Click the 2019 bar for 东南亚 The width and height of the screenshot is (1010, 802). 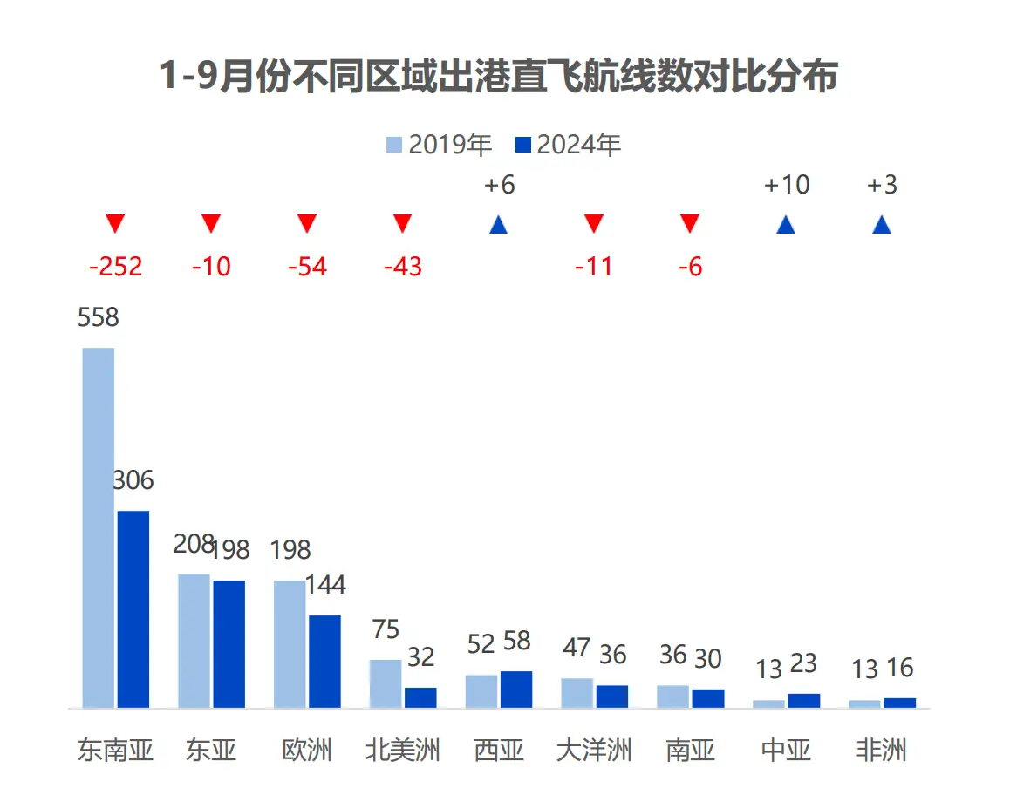pos(99,527)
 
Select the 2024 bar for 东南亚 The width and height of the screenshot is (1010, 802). pos(133,608)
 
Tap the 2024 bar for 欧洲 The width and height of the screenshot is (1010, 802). pos(324,661)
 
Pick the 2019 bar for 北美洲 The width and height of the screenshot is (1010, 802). pos(386,683)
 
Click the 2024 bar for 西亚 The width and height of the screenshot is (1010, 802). pos(516,689)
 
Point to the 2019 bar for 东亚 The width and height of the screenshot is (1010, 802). pos(194,641)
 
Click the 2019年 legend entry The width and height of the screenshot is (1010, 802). pos(440,145)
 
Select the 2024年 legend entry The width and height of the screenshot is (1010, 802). pos(569,145)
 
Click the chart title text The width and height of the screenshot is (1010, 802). pos(498,77)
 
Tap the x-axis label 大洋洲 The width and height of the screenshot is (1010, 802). pos(594,750)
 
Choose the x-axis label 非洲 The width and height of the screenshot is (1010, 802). pos(882,750)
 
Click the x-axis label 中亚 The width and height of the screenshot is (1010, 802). pos(786,750)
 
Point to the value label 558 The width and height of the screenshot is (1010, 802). pos(98,318)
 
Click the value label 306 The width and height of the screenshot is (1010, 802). pos(133,480)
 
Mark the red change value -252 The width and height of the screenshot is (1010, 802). pos(115,266)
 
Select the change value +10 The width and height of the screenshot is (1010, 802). pos(786,185)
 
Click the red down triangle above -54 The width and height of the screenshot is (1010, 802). pos(307,224)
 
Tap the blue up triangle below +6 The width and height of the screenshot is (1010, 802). pos(499,225)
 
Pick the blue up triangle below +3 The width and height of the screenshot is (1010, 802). pos(882,225)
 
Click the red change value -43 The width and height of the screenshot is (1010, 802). pos(403,266)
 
